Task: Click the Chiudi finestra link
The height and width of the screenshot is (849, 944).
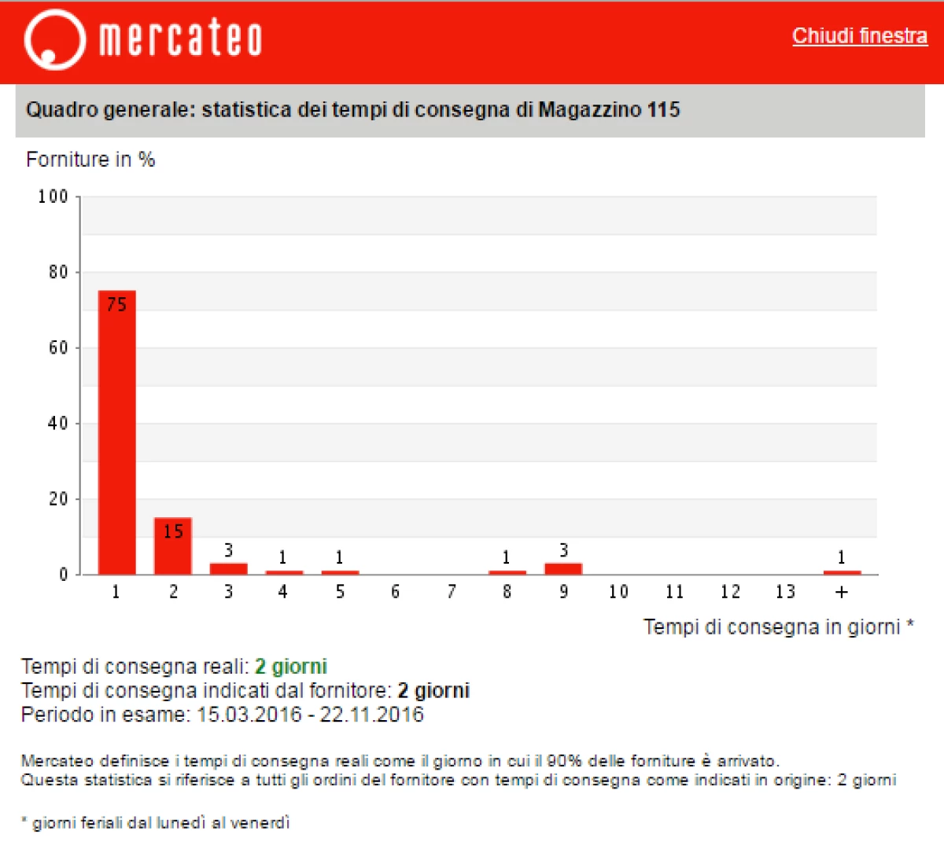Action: point(859,36)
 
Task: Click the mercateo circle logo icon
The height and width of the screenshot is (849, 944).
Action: point(53,39)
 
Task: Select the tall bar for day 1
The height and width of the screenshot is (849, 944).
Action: point(116,432)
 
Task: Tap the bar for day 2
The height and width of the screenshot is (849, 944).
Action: point(172,546)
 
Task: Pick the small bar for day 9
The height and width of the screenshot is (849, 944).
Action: point(563,568)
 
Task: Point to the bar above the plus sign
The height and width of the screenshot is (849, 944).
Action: point(842,572)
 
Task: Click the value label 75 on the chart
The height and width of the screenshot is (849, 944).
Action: point(116,305)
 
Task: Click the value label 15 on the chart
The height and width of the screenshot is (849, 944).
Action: point(173,531)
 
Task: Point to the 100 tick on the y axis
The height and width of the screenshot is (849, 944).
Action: point(53,197)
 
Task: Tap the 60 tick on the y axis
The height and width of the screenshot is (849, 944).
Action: point(58,347)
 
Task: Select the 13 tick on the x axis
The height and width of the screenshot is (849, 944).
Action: point(785,592)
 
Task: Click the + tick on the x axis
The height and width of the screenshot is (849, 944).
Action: point(842,592)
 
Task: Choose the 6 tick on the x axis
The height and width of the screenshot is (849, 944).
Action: point(395,592)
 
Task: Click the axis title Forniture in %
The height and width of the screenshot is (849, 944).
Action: point(90,160)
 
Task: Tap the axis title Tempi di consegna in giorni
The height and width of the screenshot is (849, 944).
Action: point(773,627)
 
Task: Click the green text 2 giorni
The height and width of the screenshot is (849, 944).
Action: point(291,667)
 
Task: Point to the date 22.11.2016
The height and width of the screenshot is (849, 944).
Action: point(371,715)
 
